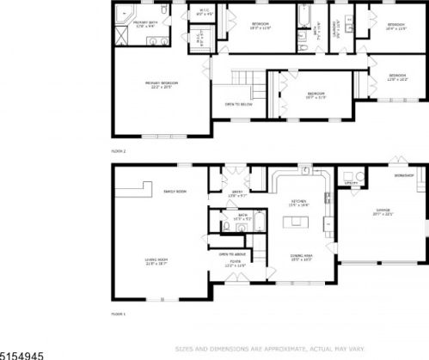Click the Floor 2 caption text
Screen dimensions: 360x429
119,151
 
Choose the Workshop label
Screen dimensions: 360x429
404,175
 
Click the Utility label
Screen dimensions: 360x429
351,183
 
